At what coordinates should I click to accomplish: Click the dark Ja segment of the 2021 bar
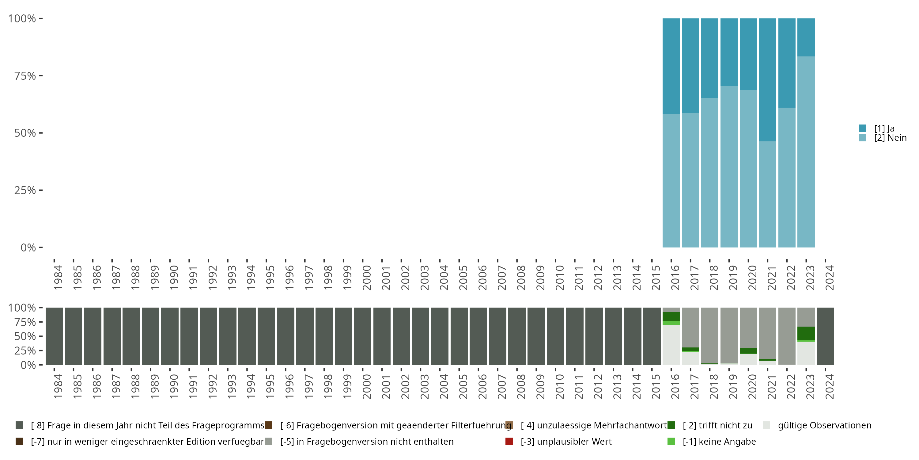pos(767,80)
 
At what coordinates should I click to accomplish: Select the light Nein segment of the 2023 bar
pos(806,152)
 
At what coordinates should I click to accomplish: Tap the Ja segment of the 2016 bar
pos(671,66)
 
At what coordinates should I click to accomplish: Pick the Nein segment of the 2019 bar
pos(729,167)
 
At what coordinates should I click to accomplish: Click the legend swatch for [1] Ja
pos(863,128)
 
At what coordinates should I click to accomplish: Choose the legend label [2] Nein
pos(890,138)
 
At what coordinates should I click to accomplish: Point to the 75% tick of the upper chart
pos(41,76)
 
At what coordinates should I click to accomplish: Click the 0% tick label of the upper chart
pos(28,247)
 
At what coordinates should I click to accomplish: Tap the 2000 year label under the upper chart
pos(366,278)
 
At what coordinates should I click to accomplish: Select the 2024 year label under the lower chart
pos(830,386)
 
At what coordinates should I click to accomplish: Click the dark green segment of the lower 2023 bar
pos(806,333)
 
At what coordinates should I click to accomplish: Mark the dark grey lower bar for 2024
pos(825,336)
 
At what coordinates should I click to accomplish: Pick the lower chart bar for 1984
pos(54,336)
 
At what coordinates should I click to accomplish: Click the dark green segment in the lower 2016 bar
pos(671,316)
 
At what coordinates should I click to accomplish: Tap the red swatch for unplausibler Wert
pos(509,441)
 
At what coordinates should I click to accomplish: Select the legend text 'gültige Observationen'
pos(824,425)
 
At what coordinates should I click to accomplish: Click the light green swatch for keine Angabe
pos(671,441)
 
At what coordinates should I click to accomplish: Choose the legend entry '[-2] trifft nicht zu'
pos(717,425)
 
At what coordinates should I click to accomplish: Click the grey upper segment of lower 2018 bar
pos(709,335)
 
